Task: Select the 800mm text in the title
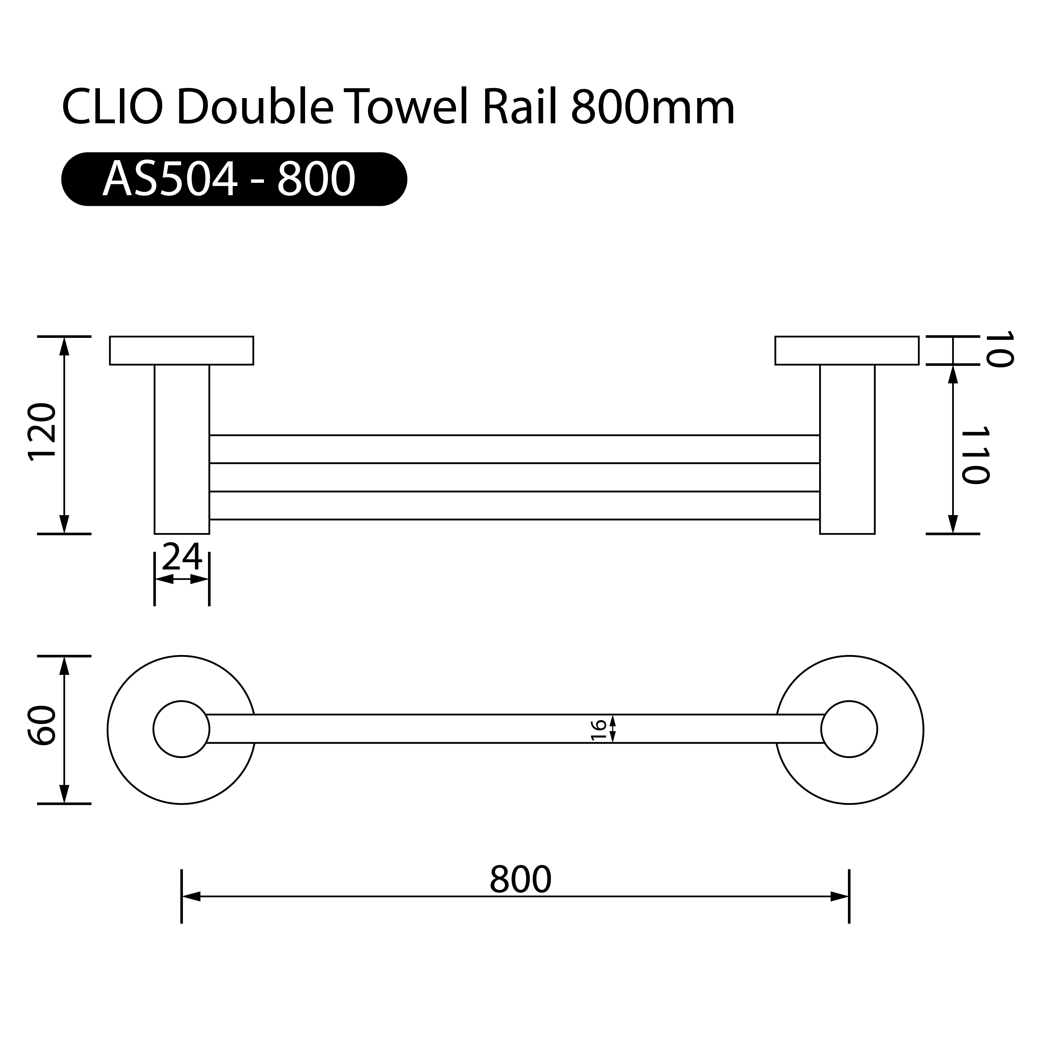click(652, 108)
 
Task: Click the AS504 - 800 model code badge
click(234, 179)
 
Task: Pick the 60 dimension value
click(42, 726)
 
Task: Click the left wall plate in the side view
click(181, 351)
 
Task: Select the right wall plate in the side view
click(846, 351)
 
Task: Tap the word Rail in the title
click(519, 108)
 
